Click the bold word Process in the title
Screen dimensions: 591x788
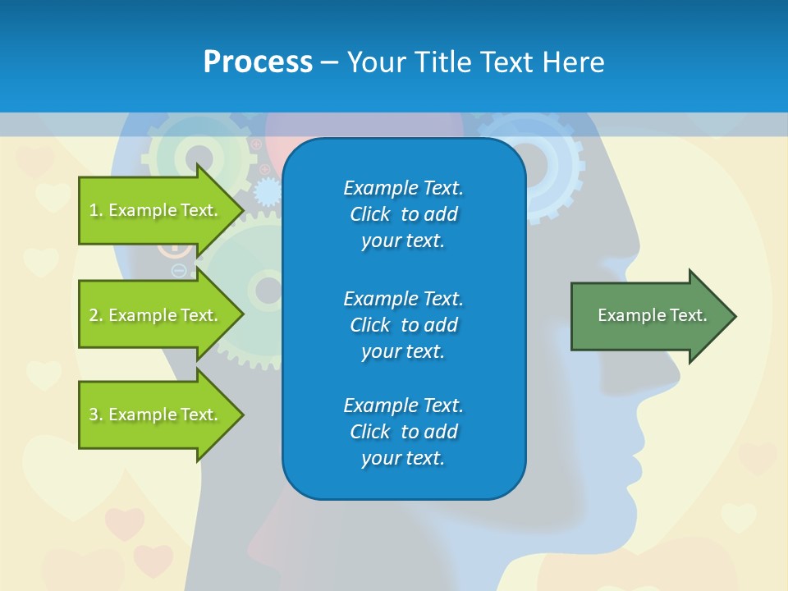[258, 62]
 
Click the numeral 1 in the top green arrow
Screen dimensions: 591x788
[94, 210]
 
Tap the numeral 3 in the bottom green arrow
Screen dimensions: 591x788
[94, 415]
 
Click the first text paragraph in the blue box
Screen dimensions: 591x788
[403, 214]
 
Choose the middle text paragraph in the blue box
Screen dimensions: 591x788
[403, 324]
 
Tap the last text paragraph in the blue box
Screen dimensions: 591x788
[403, 432]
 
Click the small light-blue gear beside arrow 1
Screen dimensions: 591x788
[267, 193]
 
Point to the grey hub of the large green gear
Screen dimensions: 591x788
[268, 290]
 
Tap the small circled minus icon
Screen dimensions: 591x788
[178, 270]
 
